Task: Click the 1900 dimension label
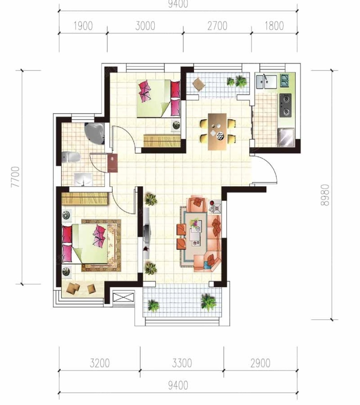(x=83, y=26)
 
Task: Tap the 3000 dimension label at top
(x=145, y=26)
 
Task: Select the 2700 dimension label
(x=217, y=26)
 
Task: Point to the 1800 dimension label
(x=274, y=26)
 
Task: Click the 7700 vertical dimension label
(x=15, y=177)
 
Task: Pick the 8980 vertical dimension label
(x=325, y=195)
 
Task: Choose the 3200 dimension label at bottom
(x=100, y=363)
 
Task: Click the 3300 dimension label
(x=182, y=363)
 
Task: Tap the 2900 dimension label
(x=260, y=363)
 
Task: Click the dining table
(x=217, y=132)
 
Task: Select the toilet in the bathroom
(x=71, y=157)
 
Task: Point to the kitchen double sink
(x=266, y=82)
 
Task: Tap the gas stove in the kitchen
(x=285, y=106)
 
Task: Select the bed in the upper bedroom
(x=158, y=98)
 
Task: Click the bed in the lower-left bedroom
(x=85, y=244)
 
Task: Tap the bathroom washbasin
(x=83, y=179)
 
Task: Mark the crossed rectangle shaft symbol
(x=124, y=297)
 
